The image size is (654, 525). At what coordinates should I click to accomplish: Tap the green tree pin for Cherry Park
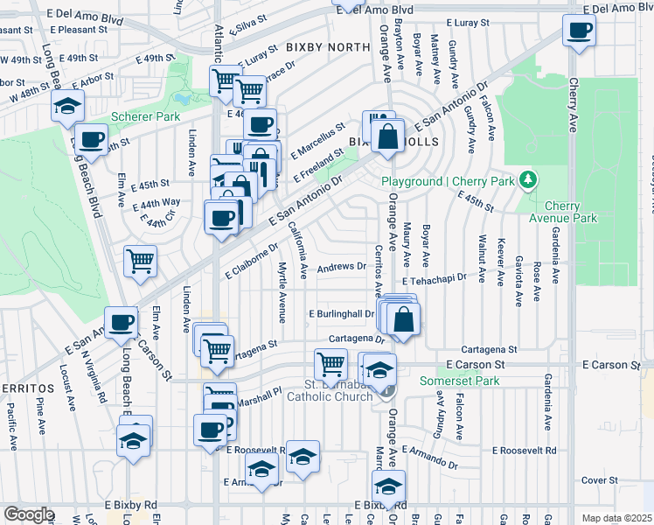(527, 180)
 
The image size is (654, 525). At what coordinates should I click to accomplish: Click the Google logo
(29, 514)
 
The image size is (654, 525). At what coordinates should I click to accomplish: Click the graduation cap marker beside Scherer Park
(67, 107)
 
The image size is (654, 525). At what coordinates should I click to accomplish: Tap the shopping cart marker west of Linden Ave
(140, 261)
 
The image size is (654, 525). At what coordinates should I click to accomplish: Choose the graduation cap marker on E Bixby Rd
(389, 486)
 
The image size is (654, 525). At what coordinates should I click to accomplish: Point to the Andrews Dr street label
(342, 267)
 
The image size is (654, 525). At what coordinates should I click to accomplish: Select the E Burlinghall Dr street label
(342, 313)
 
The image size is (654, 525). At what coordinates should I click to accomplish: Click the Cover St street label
(600, 480)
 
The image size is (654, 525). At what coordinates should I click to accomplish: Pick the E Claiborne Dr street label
(250, 260)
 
